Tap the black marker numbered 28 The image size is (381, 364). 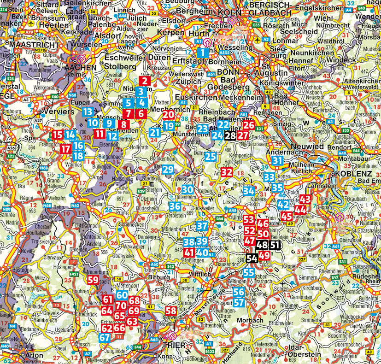point(230,135)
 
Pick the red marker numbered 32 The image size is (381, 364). point(227,172)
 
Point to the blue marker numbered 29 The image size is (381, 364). point(168,170)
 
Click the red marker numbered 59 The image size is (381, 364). point(93,280)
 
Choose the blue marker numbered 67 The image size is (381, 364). point(105,337)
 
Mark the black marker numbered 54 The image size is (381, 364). point(252,259)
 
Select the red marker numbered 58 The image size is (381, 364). point(171,311)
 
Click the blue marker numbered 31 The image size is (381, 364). point(277,161)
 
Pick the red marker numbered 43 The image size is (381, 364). point(305,200)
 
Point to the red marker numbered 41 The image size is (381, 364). point(189,252)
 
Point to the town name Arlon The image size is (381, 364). point(21,355)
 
